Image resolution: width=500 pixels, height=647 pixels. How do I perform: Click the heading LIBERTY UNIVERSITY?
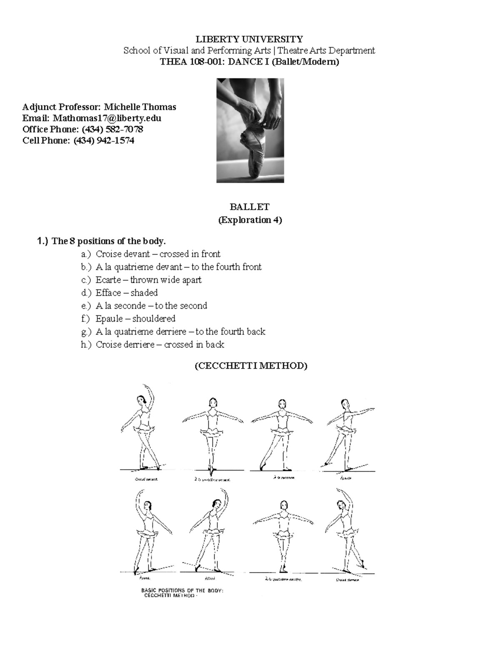[x=249, y=39]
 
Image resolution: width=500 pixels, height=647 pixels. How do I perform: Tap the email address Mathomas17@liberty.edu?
[x=107, y=118]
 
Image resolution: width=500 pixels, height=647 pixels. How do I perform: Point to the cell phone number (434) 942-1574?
[x=104, y=140]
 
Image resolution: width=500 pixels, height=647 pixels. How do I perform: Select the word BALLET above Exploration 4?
[x=250, y=207]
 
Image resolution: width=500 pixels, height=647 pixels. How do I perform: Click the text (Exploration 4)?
[x=250, y=220]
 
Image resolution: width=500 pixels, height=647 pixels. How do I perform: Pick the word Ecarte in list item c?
[x=108, y=280]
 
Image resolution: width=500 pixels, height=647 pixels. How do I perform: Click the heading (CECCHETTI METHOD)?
[x=250, y=366]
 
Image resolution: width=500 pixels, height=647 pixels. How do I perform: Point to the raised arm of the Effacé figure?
[x=225, y=500]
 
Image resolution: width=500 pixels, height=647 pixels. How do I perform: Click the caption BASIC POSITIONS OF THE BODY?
[x=182, y=590]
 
